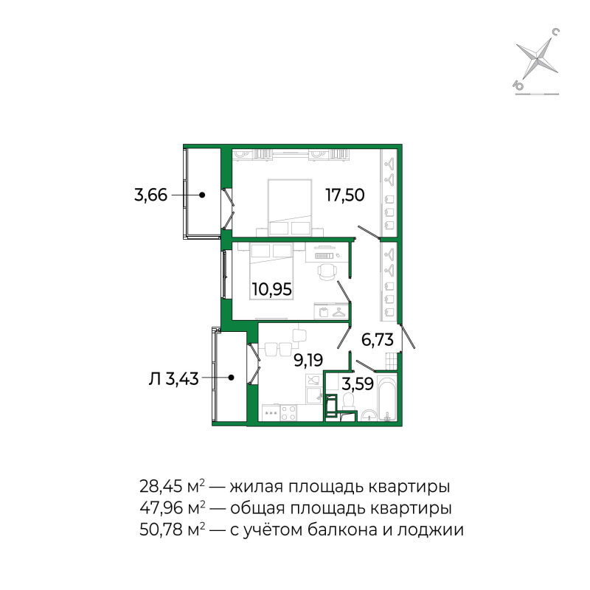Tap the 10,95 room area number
click(x=271, y=289)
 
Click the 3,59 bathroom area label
click(x=358, y=383)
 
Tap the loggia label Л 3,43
click(x=174, y=378)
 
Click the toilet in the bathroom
click(x=349, y=403)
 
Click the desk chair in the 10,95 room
click(x=326, y=273)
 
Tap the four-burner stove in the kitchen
click(x=271, y=414)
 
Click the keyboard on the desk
click(x=324, y=255)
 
